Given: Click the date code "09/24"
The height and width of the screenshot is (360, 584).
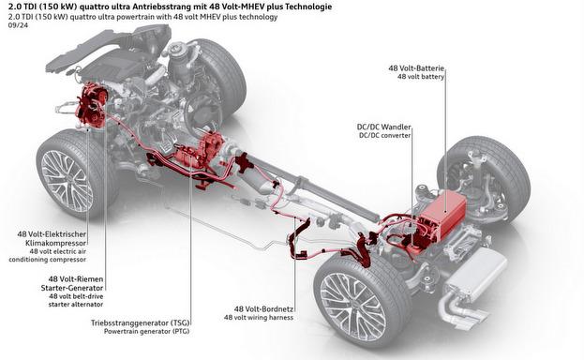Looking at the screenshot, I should pos(17,26).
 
